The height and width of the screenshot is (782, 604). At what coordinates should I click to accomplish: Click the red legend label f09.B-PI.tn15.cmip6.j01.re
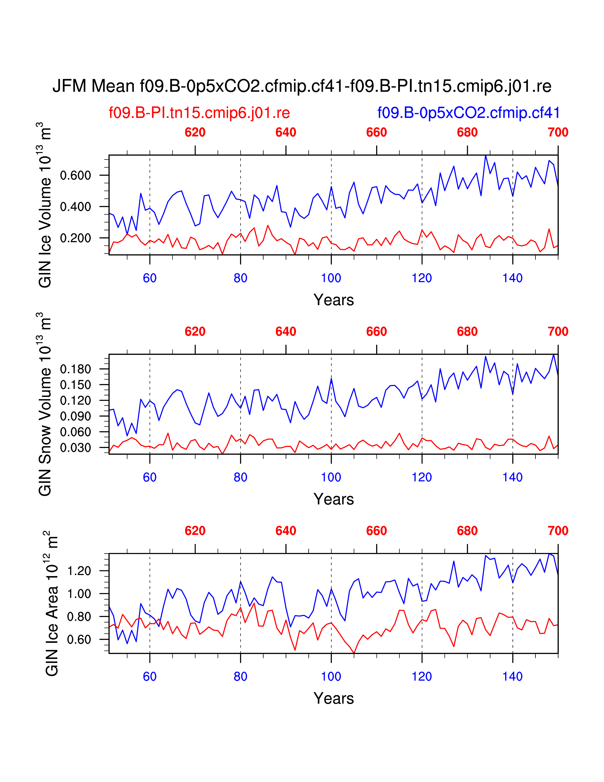(x=199, y=113)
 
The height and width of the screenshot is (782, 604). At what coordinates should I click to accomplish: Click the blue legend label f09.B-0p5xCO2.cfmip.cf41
(x=468, y=113)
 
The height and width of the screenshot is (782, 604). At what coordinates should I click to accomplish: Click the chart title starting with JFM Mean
(x=302, y=86)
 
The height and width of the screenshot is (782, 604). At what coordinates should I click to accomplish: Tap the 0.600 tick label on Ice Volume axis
(x=76, y=175)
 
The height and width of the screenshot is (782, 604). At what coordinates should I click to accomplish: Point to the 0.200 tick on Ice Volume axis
(x=76, y=238)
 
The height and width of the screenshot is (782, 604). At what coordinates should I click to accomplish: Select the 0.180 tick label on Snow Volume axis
(x=76, y=369)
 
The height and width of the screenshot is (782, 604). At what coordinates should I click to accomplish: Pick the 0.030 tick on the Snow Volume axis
(x=76, y=448)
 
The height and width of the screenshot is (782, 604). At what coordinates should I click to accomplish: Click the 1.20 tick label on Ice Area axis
(x=79, y=571)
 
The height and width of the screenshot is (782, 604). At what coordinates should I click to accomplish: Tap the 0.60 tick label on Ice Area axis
(x=79, y=640)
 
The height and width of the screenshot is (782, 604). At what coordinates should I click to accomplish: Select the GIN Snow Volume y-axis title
(x=45, y=404)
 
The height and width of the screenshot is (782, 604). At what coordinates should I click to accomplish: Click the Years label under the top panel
(x=334, y=300)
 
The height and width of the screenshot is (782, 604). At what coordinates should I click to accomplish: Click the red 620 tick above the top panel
(x=195, y=132)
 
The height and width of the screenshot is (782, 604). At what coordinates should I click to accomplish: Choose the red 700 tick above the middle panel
(x=558, y=332)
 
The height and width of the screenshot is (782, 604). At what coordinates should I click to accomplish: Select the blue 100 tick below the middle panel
(x=331, y=477)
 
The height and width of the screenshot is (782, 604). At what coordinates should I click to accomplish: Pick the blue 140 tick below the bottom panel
(x=512, y=676)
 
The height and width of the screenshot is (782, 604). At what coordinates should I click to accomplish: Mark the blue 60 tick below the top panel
(x=149, y=278)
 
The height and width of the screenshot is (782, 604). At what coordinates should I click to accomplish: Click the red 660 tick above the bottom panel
(x=376, y=531)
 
